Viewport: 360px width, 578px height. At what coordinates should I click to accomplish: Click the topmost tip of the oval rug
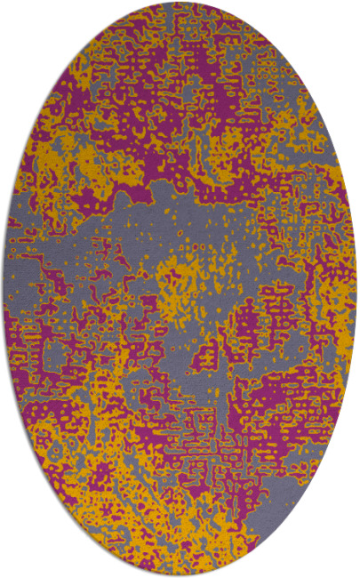coord(180,3)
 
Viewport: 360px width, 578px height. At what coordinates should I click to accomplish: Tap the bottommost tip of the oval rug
coord(180,575)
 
